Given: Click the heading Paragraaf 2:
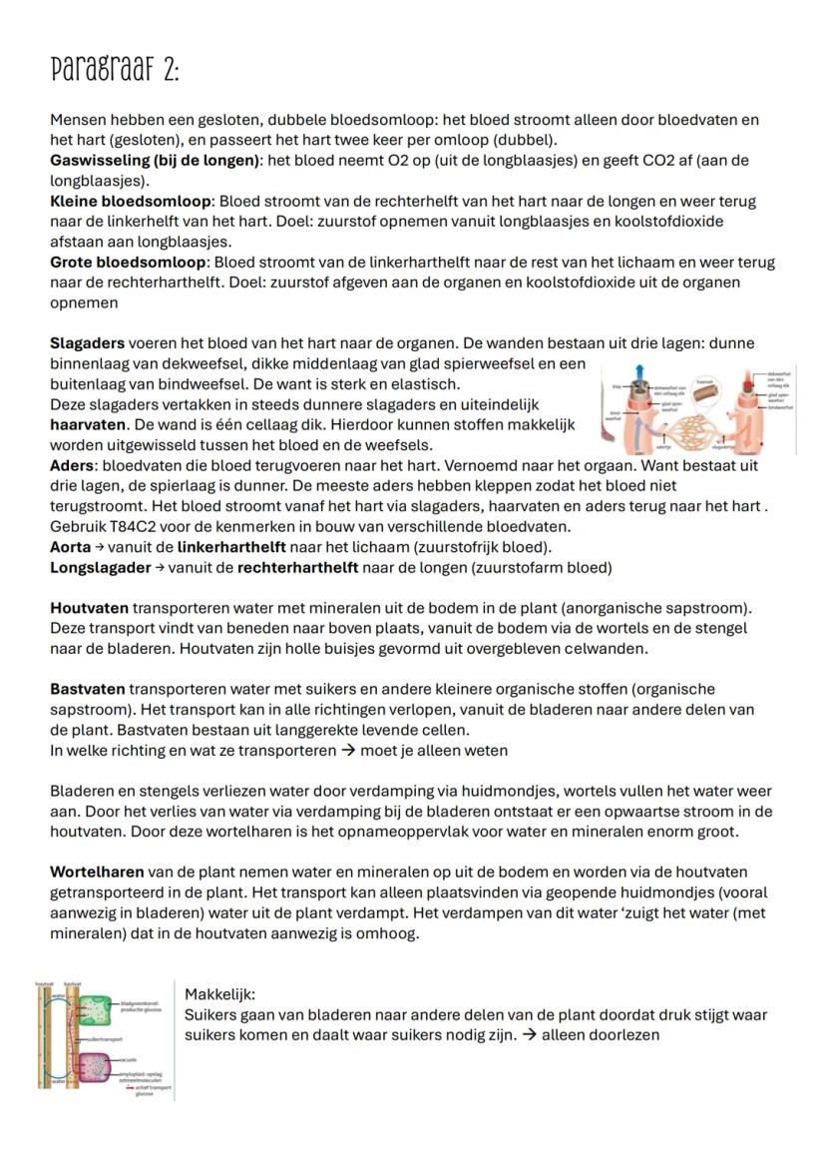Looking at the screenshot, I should point(115,70).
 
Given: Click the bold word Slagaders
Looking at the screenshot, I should point(87,343).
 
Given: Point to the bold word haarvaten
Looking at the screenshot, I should point(87,424).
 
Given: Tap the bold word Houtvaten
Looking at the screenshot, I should point(89,608).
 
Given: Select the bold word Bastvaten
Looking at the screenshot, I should point(88,689).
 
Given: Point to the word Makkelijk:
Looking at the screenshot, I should point(220,994).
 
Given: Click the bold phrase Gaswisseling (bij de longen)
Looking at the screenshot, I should point(156,160).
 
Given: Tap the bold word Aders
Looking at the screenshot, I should point(73,465).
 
